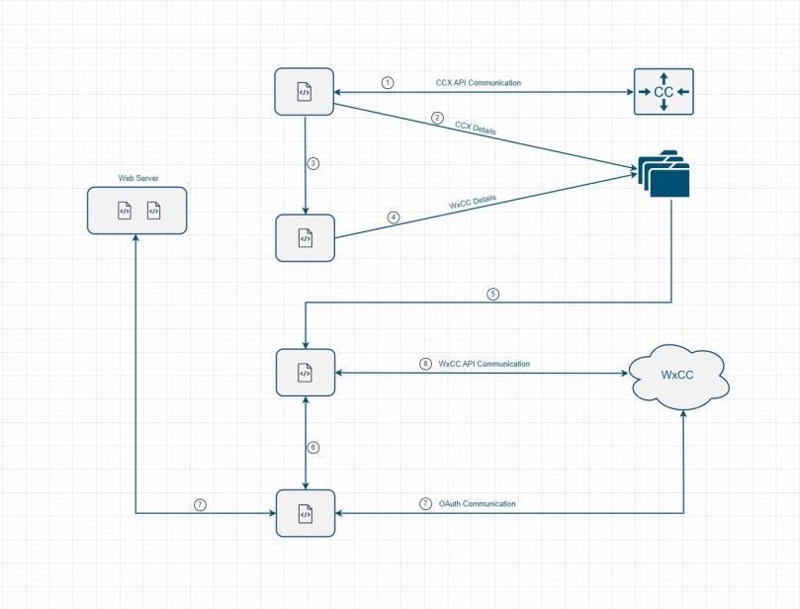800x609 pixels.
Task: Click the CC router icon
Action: point(664,92)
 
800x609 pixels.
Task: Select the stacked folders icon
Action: point(664,172)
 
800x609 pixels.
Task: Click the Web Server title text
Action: point(136,179)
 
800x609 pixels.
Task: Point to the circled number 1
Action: point(388,83)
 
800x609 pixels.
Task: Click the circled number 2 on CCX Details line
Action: point(437,119)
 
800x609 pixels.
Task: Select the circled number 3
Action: point(312,163)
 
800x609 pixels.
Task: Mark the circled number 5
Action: point(491,294)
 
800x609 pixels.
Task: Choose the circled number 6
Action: point(313,447)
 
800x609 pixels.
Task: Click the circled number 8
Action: point(425,364)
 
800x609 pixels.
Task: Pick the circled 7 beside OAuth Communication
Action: point(425,503)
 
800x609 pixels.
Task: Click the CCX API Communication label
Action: point(478,83)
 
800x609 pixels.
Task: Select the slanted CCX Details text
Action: point(476,130)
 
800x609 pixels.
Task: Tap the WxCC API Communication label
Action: point(484,364)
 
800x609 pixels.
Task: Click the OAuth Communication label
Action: point(477,503)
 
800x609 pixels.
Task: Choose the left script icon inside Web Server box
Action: point(124,210)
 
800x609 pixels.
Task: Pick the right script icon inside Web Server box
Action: point(153,210)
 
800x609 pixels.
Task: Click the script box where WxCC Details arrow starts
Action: point(305,238)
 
